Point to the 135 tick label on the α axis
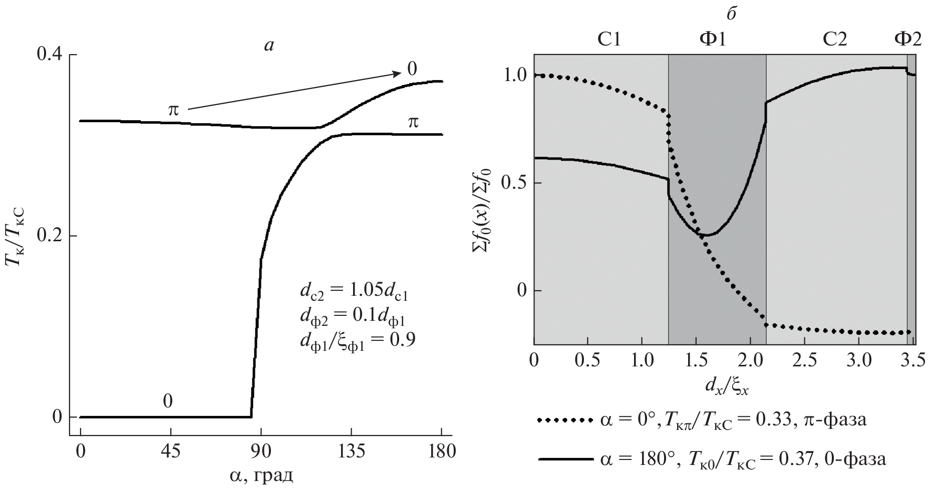click(351, 451)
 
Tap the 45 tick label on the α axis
click(171, 451)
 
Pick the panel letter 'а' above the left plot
click(269, 46)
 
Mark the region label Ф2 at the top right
click(907, 39)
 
